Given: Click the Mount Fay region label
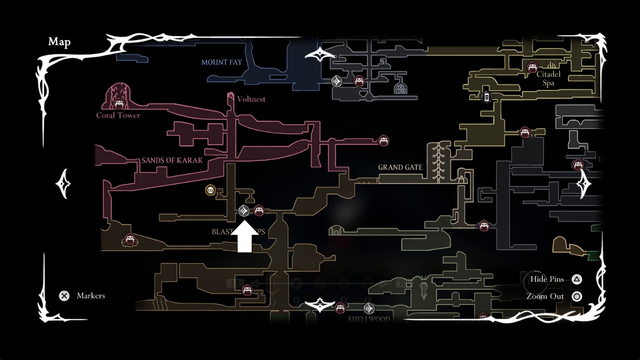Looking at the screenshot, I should tap(222, 62).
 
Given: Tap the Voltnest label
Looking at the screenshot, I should tap(251, 99).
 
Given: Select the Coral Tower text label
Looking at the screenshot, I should tap(118, 115).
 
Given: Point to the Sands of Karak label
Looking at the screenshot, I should tap(172, 160).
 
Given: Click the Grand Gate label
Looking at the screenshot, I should tap(400, 167).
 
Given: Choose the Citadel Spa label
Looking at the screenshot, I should tap(548, 78).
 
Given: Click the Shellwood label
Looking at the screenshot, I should tap(369, 319).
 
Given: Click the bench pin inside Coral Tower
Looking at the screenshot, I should tap(119, 104).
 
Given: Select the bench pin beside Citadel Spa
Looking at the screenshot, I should tap(532, 67).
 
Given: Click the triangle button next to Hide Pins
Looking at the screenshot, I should tap(577, 279).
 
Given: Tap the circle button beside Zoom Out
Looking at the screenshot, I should tap(577, 296).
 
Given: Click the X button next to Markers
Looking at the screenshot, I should tap(64, 296).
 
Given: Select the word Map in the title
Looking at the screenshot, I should tap(59, 42).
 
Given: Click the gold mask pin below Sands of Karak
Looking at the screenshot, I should tap(210, 190).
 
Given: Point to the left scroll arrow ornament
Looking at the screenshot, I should tap(63, 184).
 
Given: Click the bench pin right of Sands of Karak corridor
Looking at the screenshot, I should tap(384, 140).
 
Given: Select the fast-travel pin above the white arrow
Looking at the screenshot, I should tap(244, 210).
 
